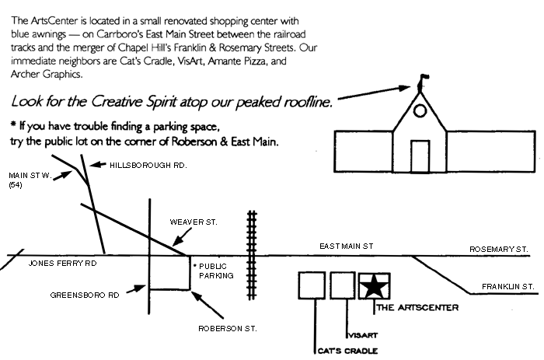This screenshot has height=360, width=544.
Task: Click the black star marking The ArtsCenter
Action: coord(374,286)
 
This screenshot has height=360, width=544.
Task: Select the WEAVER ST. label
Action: coord(194,222)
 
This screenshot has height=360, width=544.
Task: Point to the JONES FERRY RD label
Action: coord(63,263)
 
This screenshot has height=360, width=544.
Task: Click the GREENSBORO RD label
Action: coord(83,295)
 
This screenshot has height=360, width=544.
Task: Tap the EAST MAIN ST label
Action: coord(347,246)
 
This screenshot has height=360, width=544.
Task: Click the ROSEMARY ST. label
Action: coord(499,249)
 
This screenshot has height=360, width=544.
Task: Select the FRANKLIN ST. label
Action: coord(507,287)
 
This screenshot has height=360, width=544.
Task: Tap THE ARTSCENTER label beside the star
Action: coord(417,307)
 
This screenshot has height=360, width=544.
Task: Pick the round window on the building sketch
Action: coord(420,111)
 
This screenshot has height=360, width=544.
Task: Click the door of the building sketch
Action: coord(420,156)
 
